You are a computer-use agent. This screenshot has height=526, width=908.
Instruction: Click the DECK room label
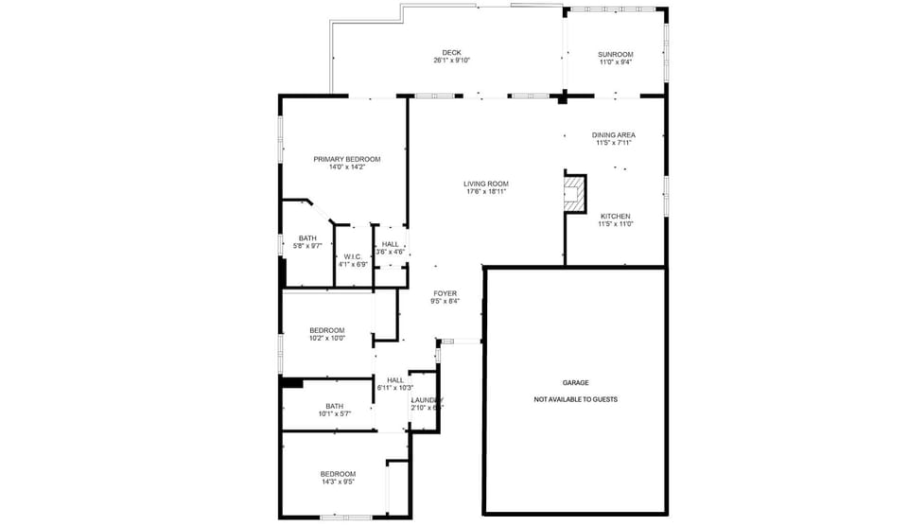click(x=451, y=52)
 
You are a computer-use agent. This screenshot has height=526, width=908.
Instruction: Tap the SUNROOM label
click(x=615, y=54)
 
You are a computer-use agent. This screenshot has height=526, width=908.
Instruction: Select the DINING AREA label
click(x=613, y=134)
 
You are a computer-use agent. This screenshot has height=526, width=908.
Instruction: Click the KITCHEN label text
click(x=615, y=216)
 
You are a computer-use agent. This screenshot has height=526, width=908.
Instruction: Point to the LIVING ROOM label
click(x=486, y=184)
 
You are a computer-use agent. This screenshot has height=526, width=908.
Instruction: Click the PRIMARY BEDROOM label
click(x=347, y=159)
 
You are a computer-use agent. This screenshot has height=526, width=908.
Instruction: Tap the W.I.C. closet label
click(x=353, y=256)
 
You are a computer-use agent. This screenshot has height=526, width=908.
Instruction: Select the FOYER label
click(x=445, y=293)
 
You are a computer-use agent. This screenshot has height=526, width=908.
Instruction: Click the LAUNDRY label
click(x=427, y=399)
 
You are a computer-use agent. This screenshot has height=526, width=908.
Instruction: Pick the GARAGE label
click(x=575, y=382)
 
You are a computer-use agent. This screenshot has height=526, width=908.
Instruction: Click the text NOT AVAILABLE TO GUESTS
click(x=575, y=399)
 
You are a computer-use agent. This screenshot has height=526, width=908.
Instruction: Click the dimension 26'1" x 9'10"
click(x=451, y=61)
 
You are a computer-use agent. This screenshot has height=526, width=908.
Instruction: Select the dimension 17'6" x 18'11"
click(x=486, y=192)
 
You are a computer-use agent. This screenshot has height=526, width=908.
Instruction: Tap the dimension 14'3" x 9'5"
click(x=337, y=482)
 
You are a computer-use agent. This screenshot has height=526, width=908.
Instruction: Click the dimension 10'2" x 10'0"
click(x=326, y=338)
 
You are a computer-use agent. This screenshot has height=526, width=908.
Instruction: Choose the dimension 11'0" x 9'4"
click(x=615, y=62)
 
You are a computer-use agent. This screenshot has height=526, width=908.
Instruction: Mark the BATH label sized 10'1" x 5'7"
click(x=334, y=406)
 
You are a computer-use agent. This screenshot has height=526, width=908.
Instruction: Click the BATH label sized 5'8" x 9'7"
click(x=307, y=238)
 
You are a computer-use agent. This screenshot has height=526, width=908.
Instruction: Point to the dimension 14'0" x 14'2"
click(x=347, y=167)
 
